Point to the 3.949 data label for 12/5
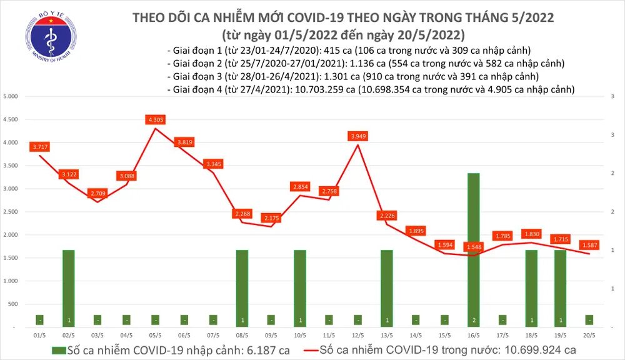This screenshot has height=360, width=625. point(357,135)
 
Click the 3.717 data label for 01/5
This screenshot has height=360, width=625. point(39,147)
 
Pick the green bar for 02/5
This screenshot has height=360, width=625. point(68,287)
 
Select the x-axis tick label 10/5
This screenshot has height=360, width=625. point(300,335)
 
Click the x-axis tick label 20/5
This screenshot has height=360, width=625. point(589,335)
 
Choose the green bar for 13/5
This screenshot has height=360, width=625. point(387,287)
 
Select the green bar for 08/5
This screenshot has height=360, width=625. point(242,287)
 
